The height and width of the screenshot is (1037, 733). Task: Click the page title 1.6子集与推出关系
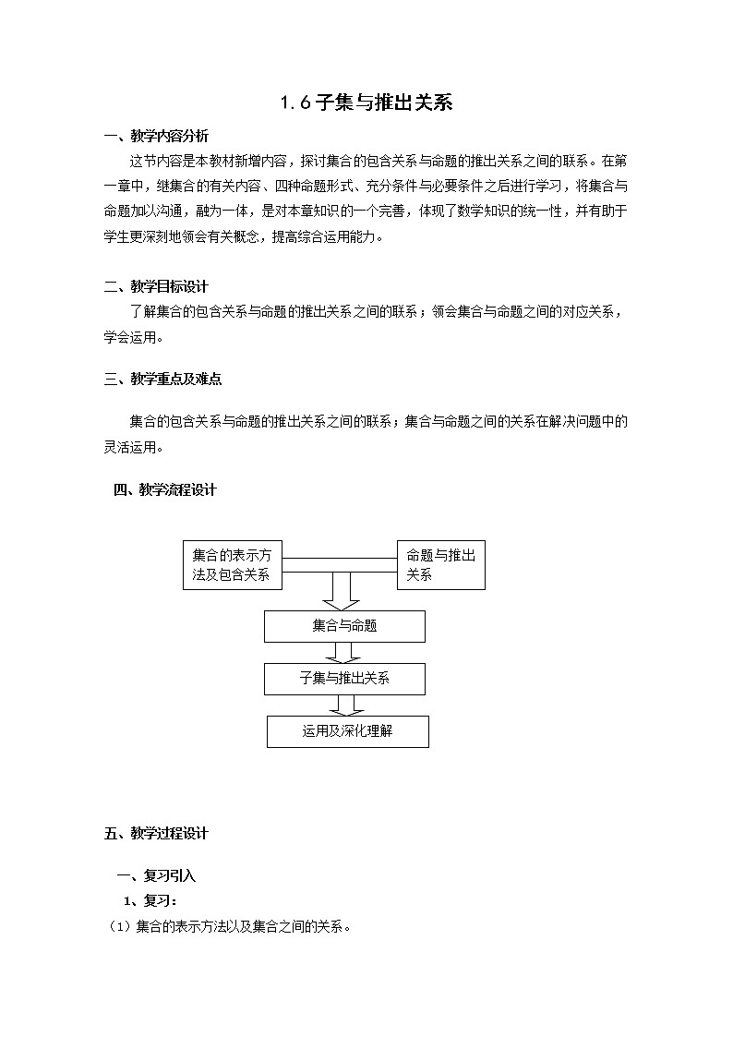click(x=366, y=102)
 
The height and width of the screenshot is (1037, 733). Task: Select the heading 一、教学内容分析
click(x=156, y=137)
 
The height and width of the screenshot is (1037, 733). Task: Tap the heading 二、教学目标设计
click(x=156, y=286)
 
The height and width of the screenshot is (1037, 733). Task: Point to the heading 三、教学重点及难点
click(x=162, y=379)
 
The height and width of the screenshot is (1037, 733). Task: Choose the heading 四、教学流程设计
click(x=164, y=489)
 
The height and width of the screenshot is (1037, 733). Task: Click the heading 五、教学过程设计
click(x=156, y=833)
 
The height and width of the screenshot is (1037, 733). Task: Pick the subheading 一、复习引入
click(x=155, y=875)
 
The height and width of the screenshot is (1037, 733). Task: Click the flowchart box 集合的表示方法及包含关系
click(x=233, y=565)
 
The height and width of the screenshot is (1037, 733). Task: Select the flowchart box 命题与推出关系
click(x=440, y=565)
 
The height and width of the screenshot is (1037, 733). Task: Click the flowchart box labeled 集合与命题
click(x=344, y=626)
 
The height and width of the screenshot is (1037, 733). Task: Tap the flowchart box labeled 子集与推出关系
click(x=344, y=679)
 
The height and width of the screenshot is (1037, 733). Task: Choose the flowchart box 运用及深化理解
click(x=347, y=731)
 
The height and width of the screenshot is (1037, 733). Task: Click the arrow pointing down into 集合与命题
click(x=341, y=591)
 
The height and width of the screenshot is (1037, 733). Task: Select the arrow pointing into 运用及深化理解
click(x=347, y=705)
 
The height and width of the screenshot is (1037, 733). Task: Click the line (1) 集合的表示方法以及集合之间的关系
click(x=231, y=926)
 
